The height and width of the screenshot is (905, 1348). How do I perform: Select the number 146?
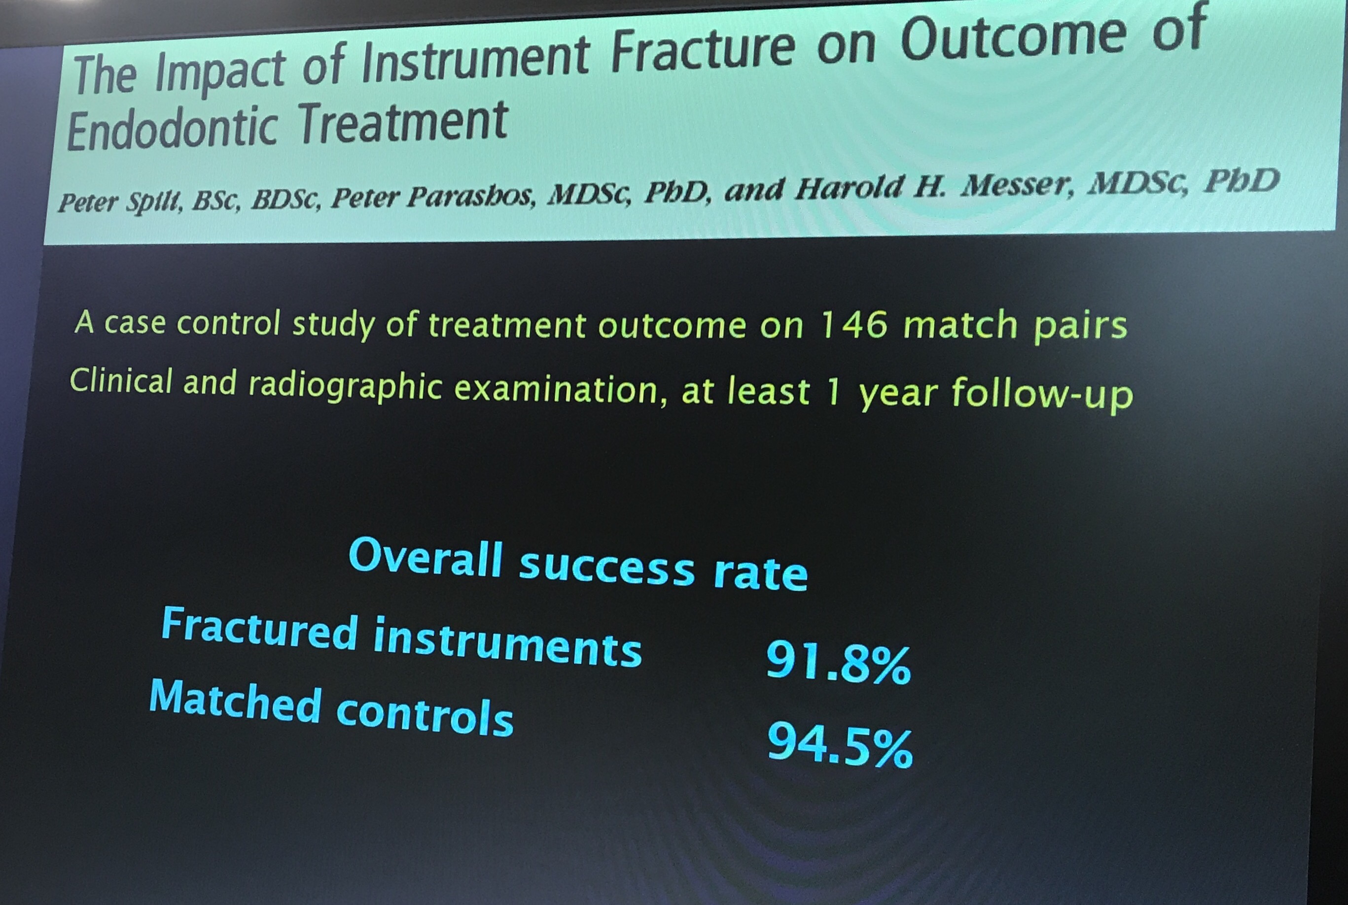pos(853,325)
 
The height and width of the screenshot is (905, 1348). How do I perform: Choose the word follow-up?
pos(1042,394)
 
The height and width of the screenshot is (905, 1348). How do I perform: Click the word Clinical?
pos(121,381)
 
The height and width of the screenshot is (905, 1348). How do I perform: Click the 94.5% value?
pos(840,746)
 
